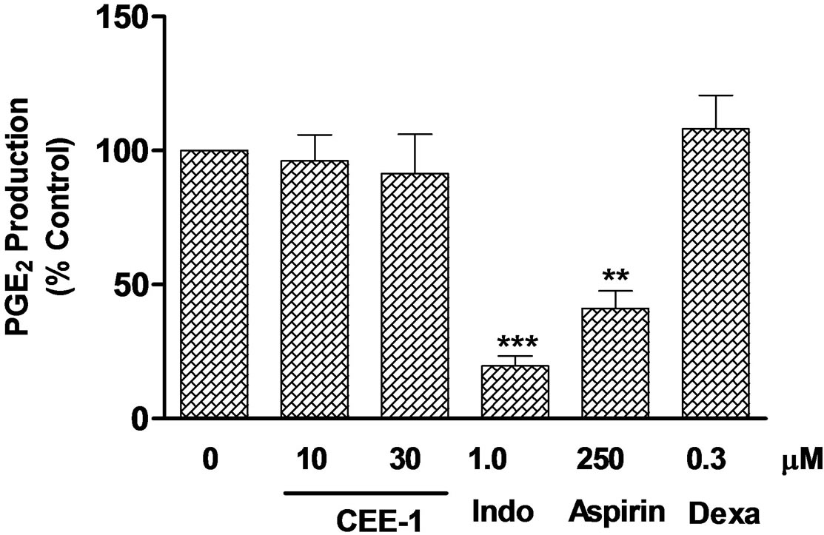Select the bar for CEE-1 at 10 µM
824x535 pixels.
pos(314,289)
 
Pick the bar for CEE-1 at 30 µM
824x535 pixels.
pos(414,295)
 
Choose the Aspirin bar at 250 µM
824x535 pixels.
pos(615,363)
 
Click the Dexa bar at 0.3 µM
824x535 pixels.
pos(715,273)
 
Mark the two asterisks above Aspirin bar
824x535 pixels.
pos(615,277)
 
